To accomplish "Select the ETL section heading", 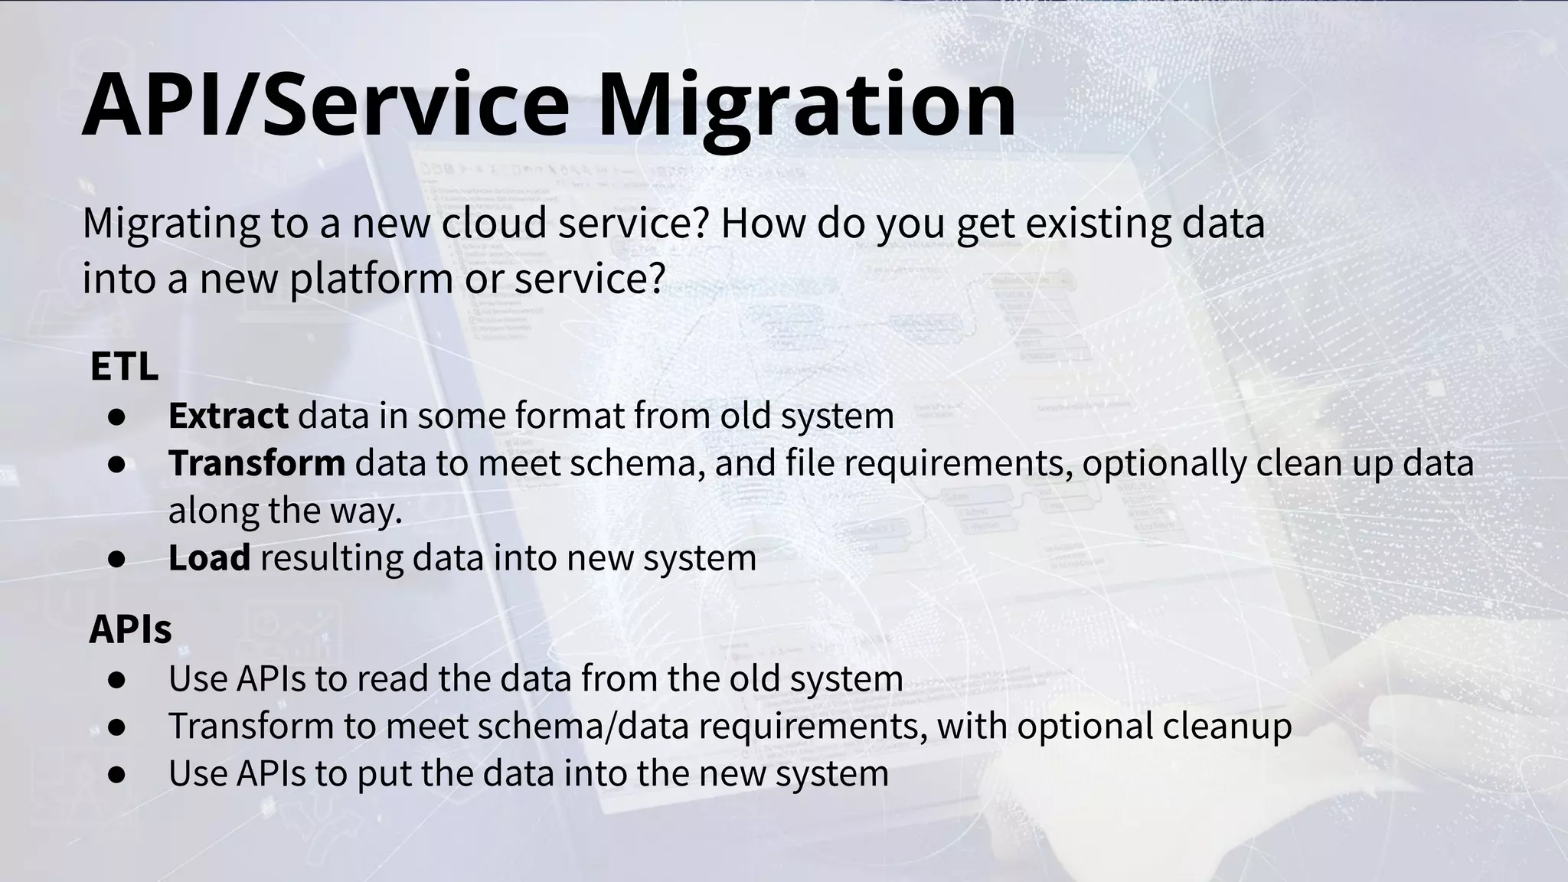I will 124,367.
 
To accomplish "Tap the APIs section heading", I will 130,629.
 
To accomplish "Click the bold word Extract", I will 228,416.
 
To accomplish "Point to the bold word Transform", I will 256,463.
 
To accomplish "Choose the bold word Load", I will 209,557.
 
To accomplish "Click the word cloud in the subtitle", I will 495,223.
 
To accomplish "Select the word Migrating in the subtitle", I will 171,224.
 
